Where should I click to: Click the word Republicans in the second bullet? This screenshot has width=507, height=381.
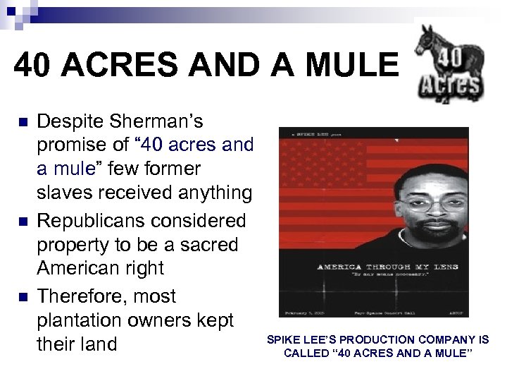tap(96, 221)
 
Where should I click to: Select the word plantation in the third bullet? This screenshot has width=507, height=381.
tap(80, 320)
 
